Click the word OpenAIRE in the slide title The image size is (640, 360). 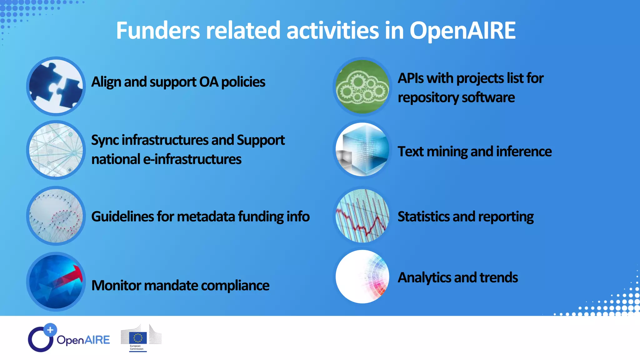point(462,31)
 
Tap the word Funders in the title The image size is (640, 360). point(157,31)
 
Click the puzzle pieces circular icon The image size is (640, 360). point(56,86)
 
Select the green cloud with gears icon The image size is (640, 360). point(362,87)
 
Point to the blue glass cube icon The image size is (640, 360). point(362,150)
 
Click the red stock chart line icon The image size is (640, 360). point(362,216)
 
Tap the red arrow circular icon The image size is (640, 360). point(56,282)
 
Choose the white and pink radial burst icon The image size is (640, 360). point(362,277)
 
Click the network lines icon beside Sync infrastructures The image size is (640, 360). point(56,150)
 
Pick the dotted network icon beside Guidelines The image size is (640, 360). point(56,216)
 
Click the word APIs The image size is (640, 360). point(410,78)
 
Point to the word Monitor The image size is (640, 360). point(116,285)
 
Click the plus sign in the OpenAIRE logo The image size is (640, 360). point(50,330)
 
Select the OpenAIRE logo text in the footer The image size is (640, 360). point(83,340)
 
